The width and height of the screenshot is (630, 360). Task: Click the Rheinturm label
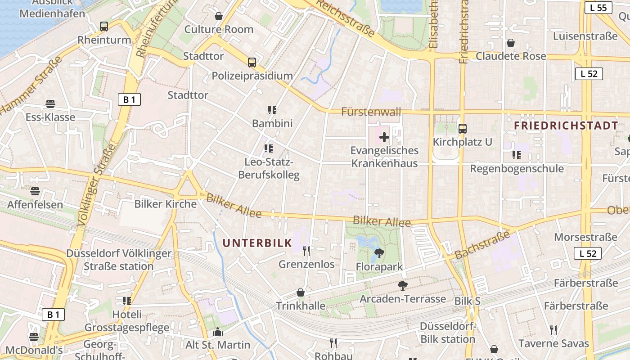click(104, 40)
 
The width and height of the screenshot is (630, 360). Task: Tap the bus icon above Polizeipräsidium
click(252, 63)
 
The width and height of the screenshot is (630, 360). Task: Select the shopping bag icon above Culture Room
click(219, 16)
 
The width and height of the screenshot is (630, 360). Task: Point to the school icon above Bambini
click(272, 110)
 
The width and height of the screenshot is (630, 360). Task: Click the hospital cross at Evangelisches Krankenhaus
click(384, 137)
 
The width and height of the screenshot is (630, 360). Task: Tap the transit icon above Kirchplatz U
click(463, 129)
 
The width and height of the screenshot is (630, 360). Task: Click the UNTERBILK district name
click(257, 243)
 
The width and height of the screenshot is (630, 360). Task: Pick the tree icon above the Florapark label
click(379, 253)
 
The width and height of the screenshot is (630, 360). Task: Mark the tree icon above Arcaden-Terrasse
click(403, 285)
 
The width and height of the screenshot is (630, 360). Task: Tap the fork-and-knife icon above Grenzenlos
click(306, 251)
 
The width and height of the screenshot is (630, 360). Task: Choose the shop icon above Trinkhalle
click(301, 292)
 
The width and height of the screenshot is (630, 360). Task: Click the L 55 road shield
click(598, 8)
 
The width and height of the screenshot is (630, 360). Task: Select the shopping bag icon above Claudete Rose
click(511, 43)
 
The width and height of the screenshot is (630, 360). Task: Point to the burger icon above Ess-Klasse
click(50, 104)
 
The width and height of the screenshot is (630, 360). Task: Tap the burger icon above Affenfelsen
click(35, 191)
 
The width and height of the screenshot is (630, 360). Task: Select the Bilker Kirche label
click(166, 204)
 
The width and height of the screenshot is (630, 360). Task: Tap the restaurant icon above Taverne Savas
click(553, 330)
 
